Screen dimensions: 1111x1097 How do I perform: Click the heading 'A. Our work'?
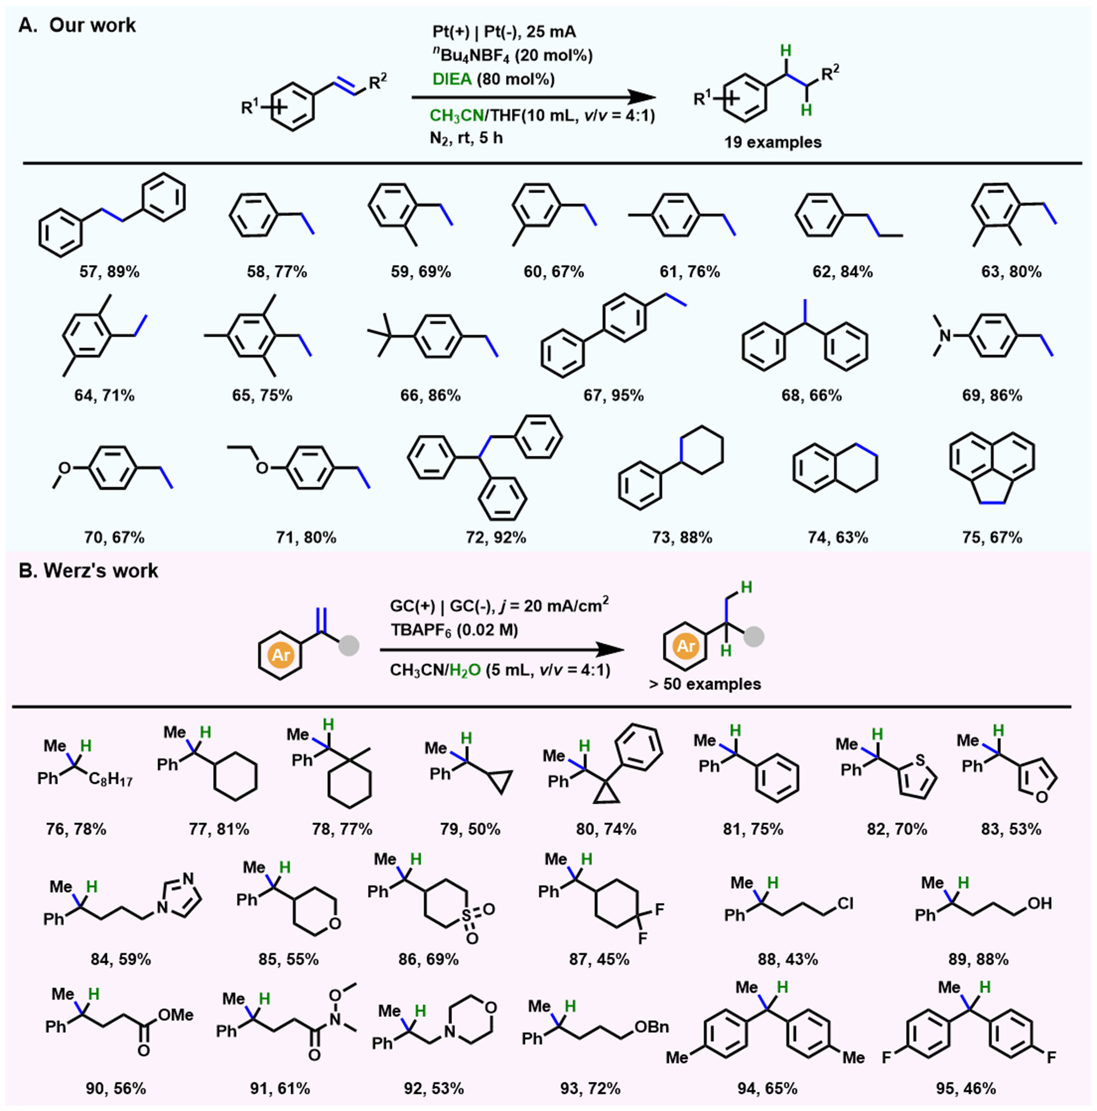point(77,25)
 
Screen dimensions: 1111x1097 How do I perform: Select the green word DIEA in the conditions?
point(452,79)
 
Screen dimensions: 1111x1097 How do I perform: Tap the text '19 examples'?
point(772,142)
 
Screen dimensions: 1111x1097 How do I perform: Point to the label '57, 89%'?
point(109,271)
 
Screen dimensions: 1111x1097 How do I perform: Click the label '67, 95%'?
point(613,395)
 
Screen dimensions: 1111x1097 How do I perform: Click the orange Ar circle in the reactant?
point(281,655)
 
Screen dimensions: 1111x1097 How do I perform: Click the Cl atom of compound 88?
point(845,903)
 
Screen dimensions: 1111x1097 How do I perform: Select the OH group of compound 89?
point(1039,903)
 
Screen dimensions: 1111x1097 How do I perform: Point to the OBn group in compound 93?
point(651,1026)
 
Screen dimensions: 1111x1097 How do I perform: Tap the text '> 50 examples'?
point(705,684)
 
